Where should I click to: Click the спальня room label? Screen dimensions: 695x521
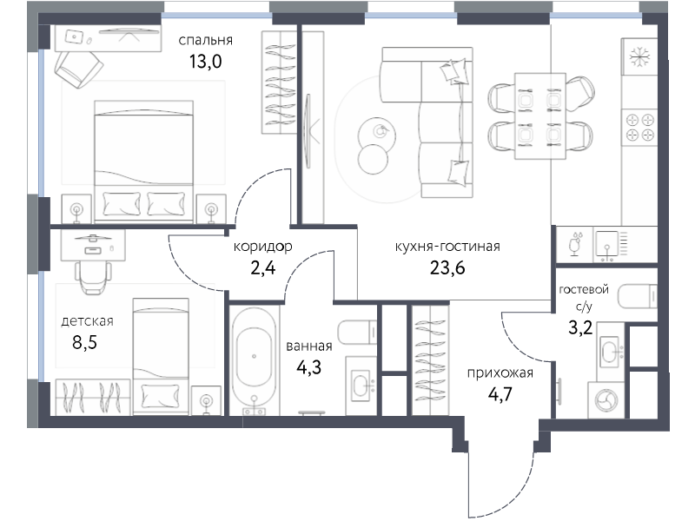[205, 41]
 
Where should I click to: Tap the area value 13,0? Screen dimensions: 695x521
[206, 62]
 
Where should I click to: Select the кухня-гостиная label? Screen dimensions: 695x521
[447, 247]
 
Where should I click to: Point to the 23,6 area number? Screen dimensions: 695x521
[447, 267]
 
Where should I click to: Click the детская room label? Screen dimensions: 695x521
[88, 321]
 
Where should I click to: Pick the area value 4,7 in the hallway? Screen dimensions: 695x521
[500, 394]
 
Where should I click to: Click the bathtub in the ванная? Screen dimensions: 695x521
[254, 358]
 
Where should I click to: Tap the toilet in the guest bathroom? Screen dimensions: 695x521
[638, 296]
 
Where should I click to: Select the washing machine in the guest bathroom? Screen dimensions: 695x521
[606, 399]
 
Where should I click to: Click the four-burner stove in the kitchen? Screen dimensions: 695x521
[639, 127]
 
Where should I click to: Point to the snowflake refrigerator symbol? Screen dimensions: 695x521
[639, 56]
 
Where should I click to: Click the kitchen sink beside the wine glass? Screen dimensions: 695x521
[606, 244]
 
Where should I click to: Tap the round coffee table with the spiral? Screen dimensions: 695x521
[377, 134]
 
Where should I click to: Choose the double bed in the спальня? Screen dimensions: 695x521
[143, 162]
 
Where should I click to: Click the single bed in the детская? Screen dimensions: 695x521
[161, 357]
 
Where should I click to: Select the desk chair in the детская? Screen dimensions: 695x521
[93, 277]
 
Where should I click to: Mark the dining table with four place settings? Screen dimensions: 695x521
[539, 116]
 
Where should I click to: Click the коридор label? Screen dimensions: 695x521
[263, 247]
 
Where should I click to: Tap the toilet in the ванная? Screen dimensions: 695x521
[357, 332]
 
